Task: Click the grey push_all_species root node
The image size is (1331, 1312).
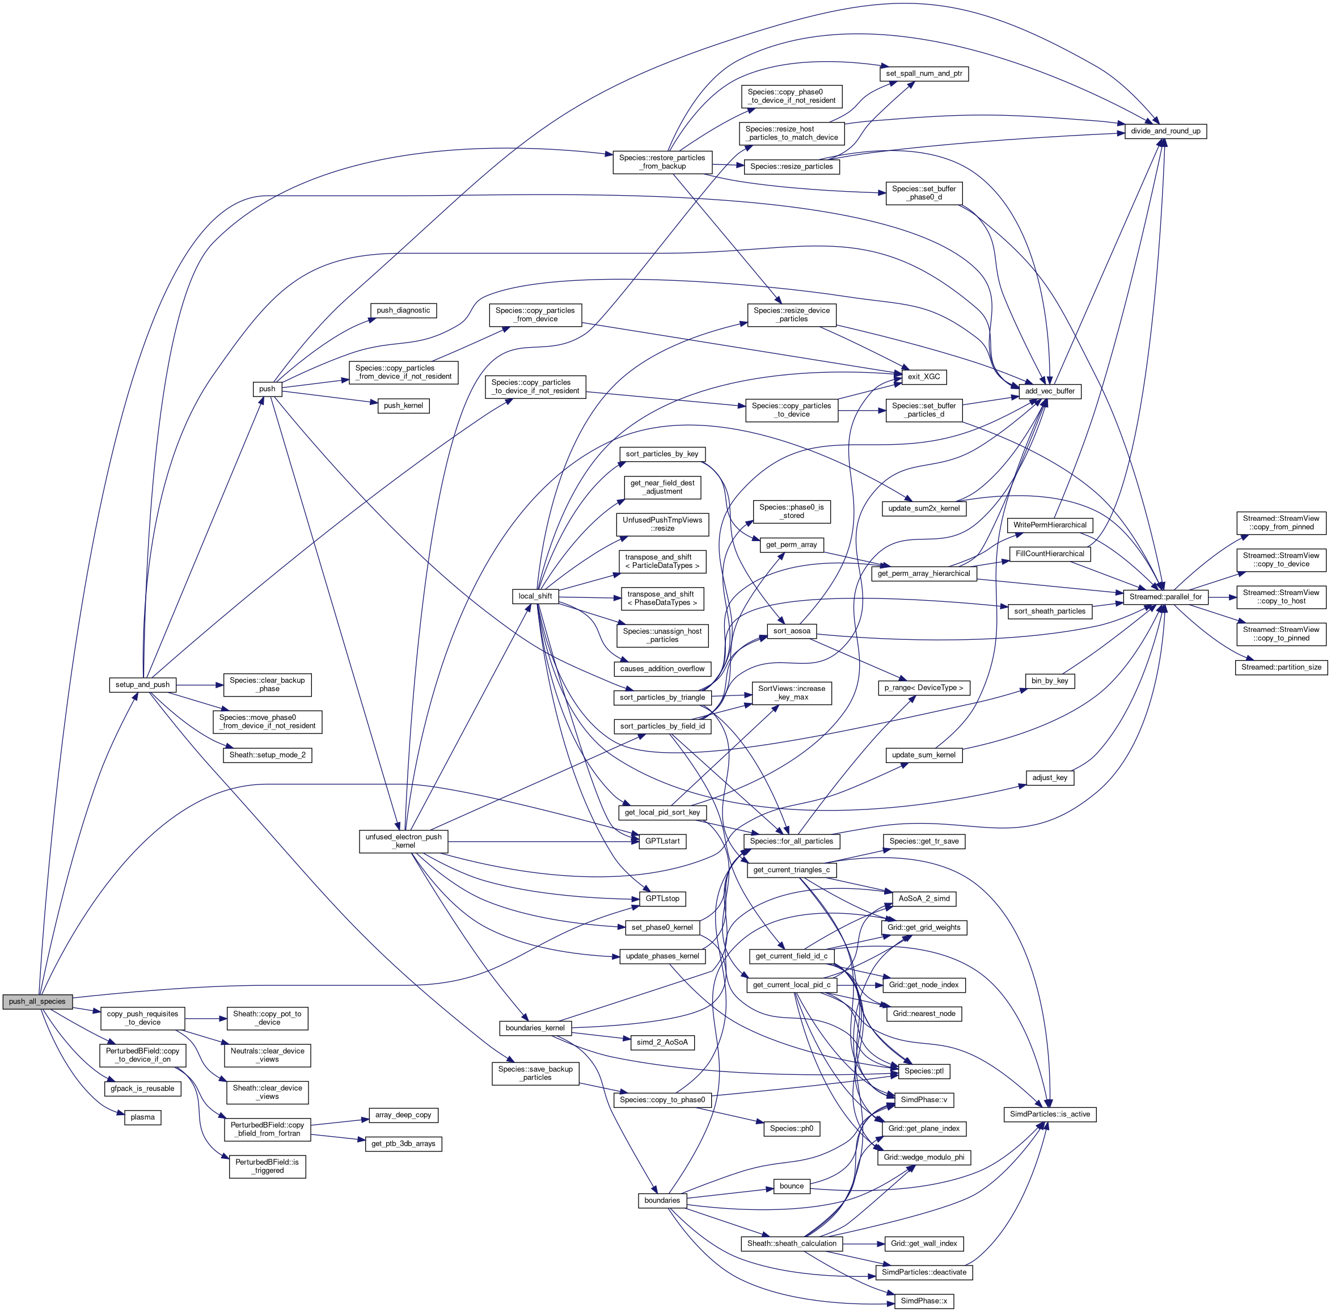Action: (37, 1001)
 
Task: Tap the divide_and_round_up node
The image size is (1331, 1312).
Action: (1165, 131)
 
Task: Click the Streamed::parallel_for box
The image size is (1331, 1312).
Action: (1165, 597)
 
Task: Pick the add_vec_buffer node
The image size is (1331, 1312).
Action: (1049, 391)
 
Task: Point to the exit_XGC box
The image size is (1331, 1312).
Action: (924, 377)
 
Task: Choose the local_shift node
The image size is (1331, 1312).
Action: (535, 596)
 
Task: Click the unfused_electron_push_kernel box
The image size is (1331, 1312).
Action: (404, 841)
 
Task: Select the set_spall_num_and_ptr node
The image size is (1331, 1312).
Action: (924, 73)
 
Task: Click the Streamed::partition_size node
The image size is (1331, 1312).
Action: (1282, 667)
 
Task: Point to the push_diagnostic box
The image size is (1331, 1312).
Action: (403, 310)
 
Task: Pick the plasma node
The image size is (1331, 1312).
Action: (142, 1117)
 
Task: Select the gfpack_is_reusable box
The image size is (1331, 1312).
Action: (142, 1088)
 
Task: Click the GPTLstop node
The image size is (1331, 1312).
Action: (662, 898)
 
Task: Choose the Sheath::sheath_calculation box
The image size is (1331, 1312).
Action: (792, 1243)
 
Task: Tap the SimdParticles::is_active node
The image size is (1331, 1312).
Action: (1050, 1114)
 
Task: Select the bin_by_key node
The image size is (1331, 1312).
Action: (1049, 681)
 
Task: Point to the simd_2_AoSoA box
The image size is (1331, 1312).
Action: (662, 1042)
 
